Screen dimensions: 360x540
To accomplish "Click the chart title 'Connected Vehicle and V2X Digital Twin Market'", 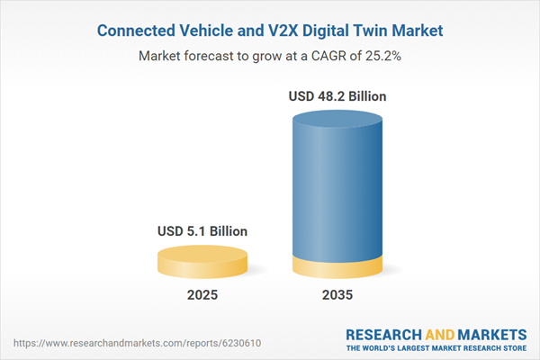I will (270, 31).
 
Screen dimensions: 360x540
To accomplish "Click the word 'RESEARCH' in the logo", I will (383, 333).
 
